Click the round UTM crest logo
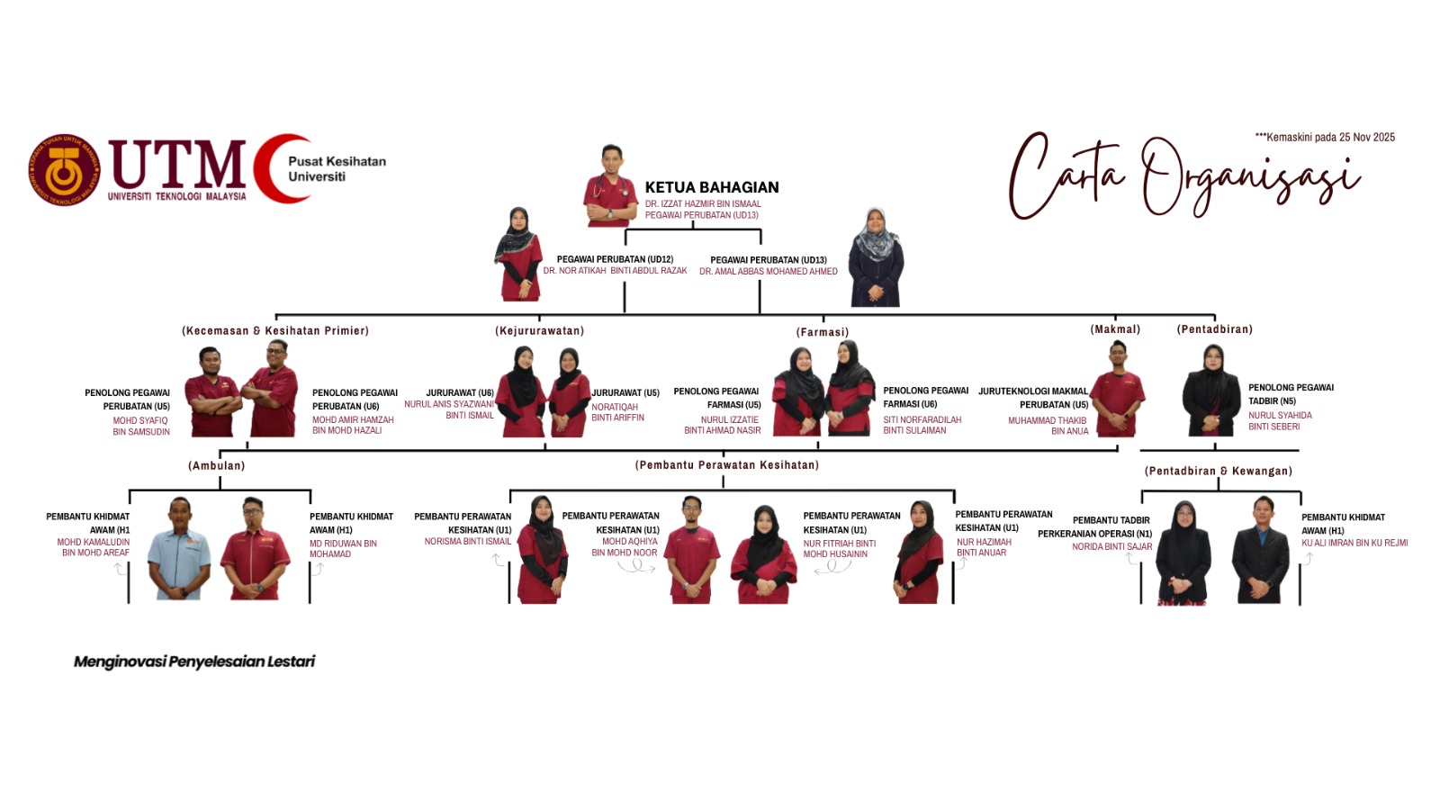point(64,170)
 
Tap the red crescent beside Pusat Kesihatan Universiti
point(280,168)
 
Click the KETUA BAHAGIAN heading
point(712,187)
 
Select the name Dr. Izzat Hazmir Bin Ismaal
point(703,203)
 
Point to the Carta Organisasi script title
point(1184,175)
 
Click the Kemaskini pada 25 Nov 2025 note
point(1325,137)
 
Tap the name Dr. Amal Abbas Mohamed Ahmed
point(769,271)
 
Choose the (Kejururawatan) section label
point(539,330)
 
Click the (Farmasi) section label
point(823,332)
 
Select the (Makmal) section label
point(1115,329)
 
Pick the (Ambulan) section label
point(217,465)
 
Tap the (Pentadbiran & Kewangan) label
point(1219,471)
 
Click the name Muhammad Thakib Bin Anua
point(1048,426)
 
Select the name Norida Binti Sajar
point(1111,546)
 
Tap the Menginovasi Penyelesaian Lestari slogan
point(194,661)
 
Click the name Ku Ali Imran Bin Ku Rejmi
point(1354,543)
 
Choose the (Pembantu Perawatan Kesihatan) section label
point(726,464)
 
